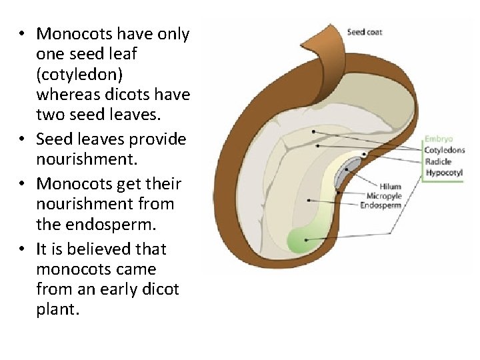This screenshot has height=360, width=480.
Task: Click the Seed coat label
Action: tap(365, 32)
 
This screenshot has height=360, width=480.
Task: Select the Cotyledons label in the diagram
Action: tap(445, 150)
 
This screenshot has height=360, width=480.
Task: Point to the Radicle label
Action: tap(438, 161)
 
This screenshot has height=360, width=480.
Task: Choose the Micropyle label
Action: tap(384, 196)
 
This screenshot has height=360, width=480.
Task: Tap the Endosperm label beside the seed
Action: tap(381, 205)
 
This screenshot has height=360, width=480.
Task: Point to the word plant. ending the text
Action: tap(57, 311)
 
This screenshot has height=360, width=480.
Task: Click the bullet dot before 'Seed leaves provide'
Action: tap(23, 139)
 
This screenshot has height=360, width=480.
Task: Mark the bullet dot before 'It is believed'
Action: tap(23, 249)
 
